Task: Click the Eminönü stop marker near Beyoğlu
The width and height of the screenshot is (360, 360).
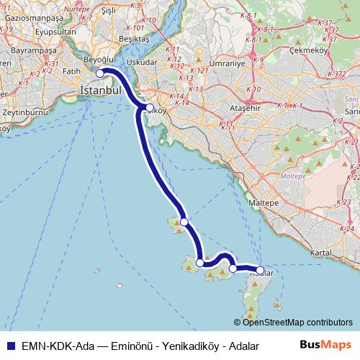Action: click(100, 73)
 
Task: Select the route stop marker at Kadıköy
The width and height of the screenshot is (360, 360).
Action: click(149, 108)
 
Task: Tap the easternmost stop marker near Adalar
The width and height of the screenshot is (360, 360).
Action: click(260, 270)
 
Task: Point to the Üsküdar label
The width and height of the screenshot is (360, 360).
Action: click(142, 63)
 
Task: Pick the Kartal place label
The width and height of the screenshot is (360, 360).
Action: click(319, 254)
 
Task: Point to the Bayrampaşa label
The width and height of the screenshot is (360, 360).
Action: click(25, 53)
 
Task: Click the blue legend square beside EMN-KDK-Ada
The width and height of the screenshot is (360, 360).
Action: click(7, 346)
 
